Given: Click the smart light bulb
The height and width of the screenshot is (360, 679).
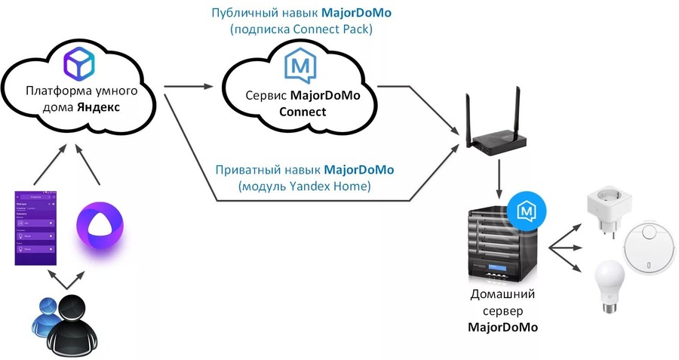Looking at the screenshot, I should click(x=608, y=286).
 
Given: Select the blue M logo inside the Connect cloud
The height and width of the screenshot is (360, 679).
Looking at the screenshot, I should click(x=299, y=66).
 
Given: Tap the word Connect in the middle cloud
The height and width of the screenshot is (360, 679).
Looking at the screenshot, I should click(x=303, y=112).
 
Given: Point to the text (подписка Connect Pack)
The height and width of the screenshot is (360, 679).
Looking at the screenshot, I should click(x=303, y=29).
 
